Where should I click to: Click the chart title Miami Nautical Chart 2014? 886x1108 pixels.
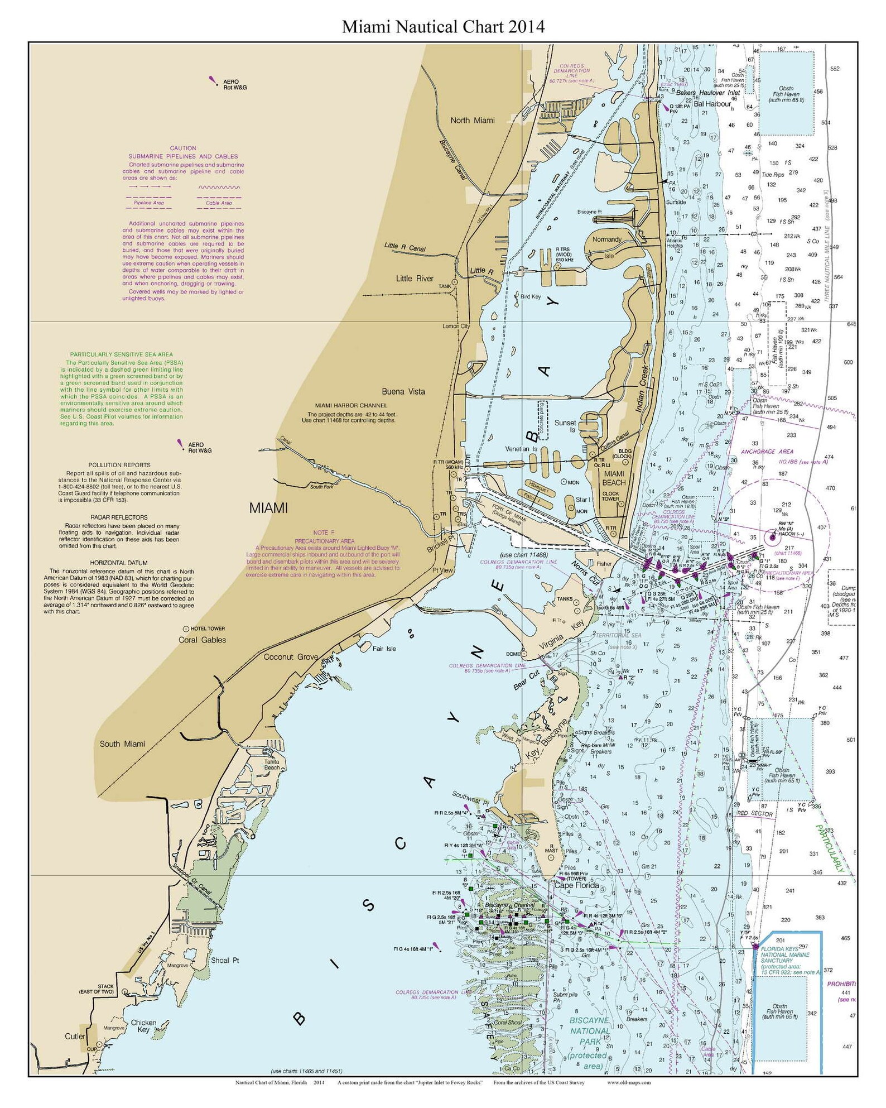point(443,27)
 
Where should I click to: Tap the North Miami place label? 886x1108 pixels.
point(472,121)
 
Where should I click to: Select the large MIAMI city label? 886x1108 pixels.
point(268,509)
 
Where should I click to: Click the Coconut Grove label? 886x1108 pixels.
point(291,657)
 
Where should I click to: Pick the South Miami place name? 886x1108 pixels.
point(122,744)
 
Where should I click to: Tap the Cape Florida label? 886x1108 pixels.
point(576,885)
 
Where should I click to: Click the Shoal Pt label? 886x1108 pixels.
point(225,960)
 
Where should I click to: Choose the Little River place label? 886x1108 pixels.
point(415,279)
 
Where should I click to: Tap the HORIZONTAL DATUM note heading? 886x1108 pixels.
point(119,563)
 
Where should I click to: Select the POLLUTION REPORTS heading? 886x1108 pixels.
point(119,464)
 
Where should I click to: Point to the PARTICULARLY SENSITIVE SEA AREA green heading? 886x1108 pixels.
point(121,354)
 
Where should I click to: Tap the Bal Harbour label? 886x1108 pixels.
point(712,104)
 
